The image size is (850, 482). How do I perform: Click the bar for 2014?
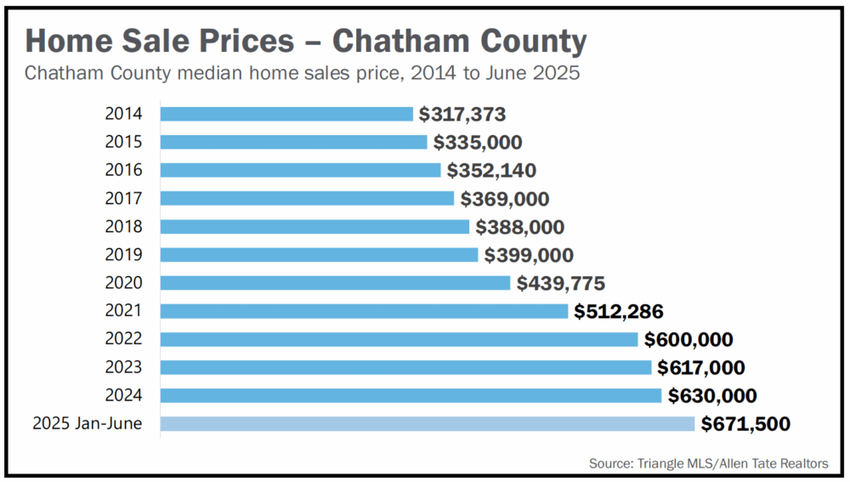pos(286,114)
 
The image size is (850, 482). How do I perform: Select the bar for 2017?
pos(307,198)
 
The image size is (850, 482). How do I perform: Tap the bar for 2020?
pos(335,282)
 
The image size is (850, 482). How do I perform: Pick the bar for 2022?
pos(399,339)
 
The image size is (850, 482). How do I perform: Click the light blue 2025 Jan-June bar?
pos(428,423)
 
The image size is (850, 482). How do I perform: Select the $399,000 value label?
pos(529,254)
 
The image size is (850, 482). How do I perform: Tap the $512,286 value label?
pos(619,311)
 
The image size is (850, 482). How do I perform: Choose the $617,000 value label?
pos(701,367)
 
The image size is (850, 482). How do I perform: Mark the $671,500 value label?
pos(745,423)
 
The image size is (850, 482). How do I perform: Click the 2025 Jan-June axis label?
pos(88,423)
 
